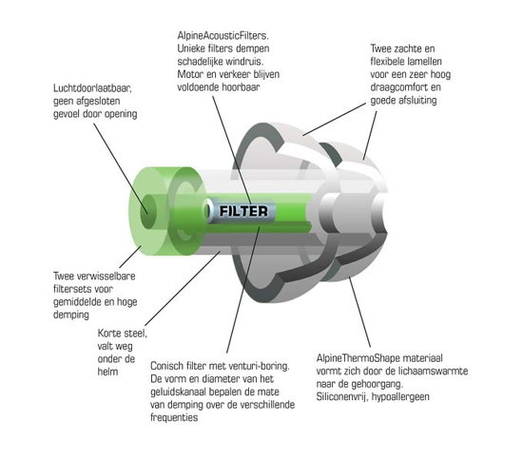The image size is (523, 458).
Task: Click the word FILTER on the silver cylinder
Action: tap(243, 211)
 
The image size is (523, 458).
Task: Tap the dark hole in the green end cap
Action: tap(148, 211)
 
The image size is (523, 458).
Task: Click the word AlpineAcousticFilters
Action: tap(223, 35)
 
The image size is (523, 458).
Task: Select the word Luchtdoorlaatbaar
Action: tap(93, 88)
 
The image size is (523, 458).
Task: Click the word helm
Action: tap(107, 372)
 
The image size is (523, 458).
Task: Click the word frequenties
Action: tap(174, 418)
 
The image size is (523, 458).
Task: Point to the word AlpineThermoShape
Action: tap(358, 358)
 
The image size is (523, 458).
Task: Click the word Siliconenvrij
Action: tap(342, 397)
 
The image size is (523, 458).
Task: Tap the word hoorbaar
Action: tap(242, 87)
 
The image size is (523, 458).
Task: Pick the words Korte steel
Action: tap(123, 333)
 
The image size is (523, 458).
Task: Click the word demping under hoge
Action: tap(71, 315)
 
